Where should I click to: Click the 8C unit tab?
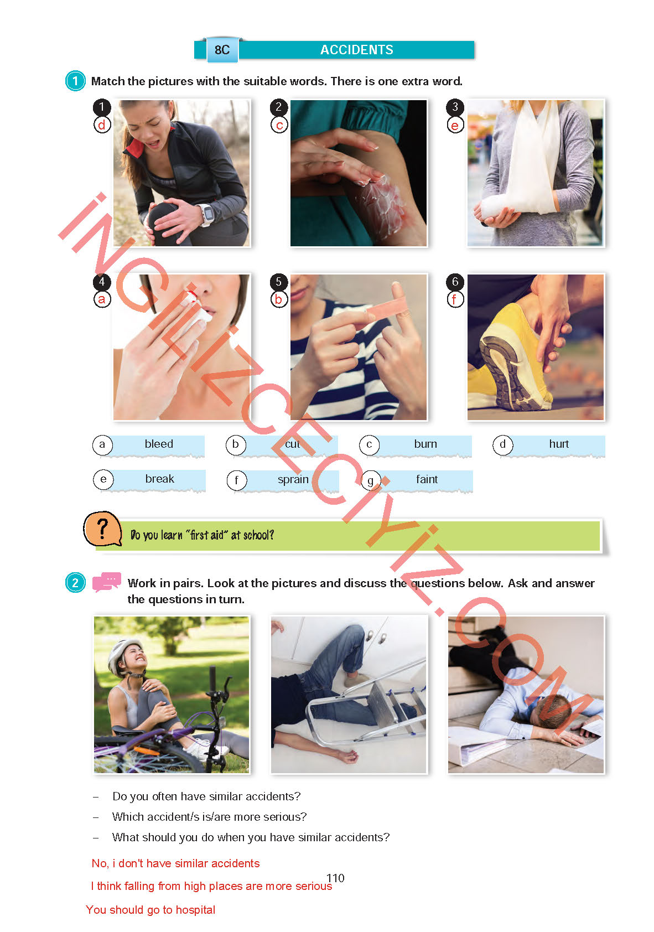tap(222, 50)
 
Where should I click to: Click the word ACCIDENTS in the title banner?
tap(356, 50)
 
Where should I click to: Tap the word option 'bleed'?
tap(158, 444)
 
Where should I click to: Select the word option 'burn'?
tap(425, 444)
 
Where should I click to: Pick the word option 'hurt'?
tap(559, 444)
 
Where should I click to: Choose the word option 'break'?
tap(159, 479)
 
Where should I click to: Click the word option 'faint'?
tap(427, 479)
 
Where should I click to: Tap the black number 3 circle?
tap(455, 107)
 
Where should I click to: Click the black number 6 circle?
tap(455, 282)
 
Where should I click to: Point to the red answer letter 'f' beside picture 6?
tap(455, 299)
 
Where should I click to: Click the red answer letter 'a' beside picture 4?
tap(102, 299)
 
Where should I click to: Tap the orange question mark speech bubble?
tap(102, 529)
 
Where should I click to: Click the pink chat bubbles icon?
tap(106, 582)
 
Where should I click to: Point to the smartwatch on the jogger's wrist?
tap(207, 214)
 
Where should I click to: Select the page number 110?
tap(335, 878)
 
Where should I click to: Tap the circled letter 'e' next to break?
tap(103, 479)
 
